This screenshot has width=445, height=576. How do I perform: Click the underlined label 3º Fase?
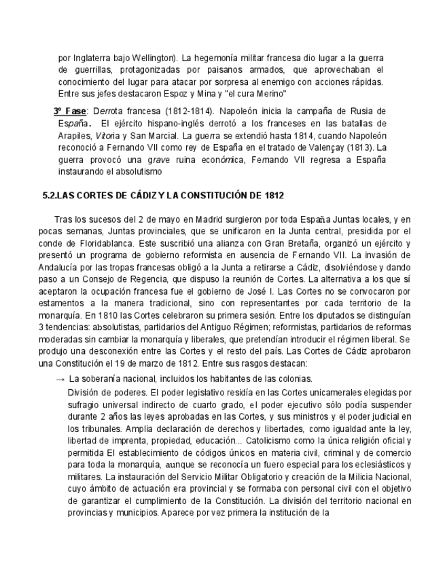[x=70, y=111]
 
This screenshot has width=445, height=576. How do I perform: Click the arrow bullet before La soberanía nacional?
[x=60, y=379]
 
